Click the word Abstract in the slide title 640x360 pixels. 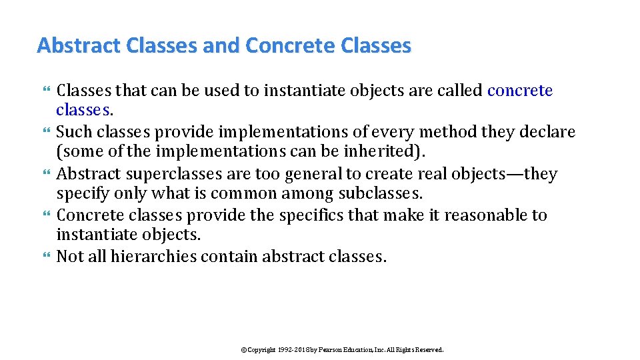[x=79, y=46]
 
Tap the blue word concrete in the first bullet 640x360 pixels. [x=520, y=91]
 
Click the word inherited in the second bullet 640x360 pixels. [x=383, y=151]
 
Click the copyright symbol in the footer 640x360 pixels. [x=243, y=349]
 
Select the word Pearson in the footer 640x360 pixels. [x=332, y=349]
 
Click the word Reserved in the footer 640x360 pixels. [x=429, y=349]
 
